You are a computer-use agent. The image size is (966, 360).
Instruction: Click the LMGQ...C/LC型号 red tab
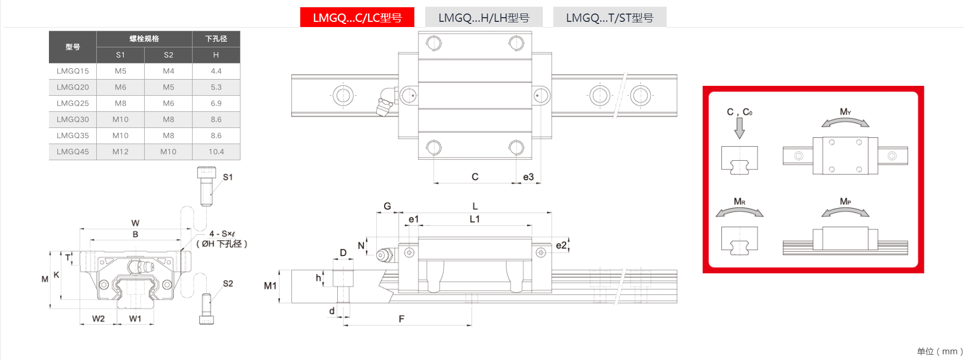pyautogui.click(x=357, y=17)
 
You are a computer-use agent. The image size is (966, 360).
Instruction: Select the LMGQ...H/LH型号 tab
pyautogui.click(x=484, y=17)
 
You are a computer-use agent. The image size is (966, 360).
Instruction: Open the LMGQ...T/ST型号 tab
pyautogui.click(x=609, y=17)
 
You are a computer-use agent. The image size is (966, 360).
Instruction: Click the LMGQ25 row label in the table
pyautogui.click(x=73, y=103)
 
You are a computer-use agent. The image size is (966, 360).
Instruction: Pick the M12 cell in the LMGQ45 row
pyautogui.click(x=120, y=151)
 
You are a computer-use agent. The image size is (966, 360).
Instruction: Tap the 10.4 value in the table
pyautogui.click(x=216, y=151)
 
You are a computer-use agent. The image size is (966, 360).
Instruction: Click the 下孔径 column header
pyautogui.click(x=216, y=38)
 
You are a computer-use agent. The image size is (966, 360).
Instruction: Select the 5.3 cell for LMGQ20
pyautogui.click(x=216, y=87)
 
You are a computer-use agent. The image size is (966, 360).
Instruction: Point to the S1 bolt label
pyautogui.click(x=227, y=177)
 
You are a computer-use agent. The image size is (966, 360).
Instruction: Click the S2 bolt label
pyautogui.click(x=228, y=284)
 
